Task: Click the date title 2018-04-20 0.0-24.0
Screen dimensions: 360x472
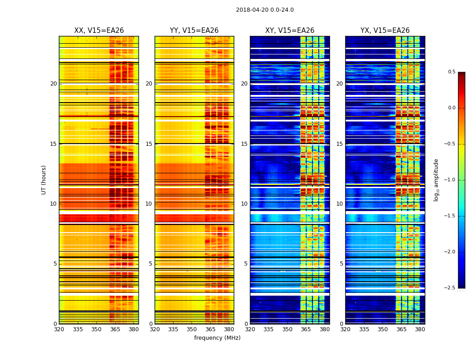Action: coord(265,10)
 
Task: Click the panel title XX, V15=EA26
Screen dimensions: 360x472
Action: coord(99,31)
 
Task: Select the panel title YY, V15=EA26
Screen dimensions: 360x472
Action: coord(194,31)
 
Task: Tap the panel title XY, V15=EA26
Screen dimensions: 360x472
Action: coord(289,31)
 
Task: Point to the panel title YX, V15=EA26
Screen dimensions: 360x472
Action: coord(385,31)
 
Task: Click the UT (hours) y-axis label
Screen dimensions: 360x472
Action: coord(44,180)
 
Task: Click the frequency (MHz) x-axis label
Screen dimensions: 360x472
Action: coord(217,338)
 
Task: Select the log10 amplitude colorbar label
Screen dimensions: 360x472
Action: coord(436,180)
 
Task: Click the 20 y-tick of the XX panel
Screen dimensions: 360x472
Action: coord(53,84)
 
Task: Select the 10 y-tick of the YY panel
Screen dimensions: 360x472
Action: coord(149,204)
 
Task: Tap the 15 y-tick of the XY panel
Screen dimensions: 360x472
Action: coord(244,144)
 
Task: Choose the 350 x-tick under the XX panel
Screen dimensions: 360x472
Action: coord(96,329)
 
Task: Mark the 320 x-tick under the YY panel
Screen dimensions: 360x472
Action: coord(155,329)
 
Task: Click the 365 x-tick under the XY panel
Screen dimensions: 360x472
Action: coord(306,329)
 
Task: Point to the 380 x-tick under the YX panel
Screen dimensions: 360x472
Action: coord(420,329)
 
